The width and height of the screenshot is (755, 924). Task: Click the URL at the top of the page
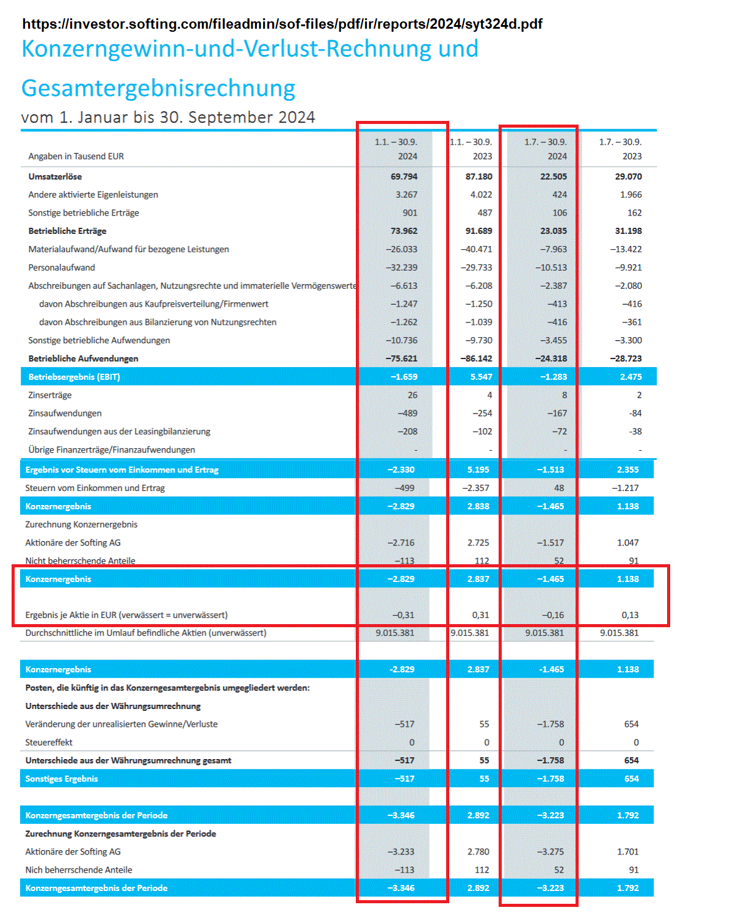[x=282, y=24]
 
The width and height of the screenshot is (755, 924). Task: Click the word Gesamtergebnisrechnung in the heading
[x=158, y=88]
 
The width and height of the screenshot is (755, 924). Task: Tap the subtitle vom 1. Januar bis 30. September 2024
[x=168, y=117]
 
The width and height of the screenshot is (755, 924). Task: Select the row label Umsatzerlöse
[x=55, y=176]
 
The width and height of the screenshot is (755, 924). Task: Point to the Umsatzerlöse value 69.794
[x=404, y=176]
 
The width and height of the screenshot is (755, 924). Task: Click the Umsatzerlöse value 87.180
[x=479, y=176]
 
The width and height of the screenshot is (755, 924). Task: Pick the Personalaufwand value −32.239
[x=402, y=267]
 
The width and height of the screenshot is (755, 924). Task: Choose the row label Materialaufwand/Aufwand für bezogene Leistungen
[x=129, y=249]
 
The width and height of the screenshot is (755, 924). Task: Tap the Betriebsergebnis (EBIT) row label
[x=74, y=377]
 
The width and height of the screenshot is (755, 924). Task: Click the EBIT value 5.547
[x=481, y=377]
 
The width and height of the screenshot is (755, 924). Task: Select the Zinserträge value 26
[x=413, y=395]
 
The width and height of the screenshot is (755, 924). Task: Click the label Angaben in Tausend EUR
[x=76, y=156]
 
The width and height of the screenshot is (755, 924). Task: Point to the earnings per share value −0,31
[x=403, y=615]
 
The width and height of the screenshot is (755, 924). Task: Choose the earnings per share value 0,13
[x=630, y=615]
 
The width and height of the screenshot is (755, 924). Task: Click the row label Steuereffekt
[x=49, y=743]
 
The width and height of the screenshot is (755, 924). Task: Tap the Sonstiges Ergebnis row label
[x=62, y=779]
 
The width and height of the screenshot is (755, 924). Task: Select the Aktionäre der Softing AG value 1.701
[x=627, y=851]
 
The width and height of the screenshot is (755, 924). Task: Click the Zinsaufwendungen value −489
[x=408, y=413]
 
